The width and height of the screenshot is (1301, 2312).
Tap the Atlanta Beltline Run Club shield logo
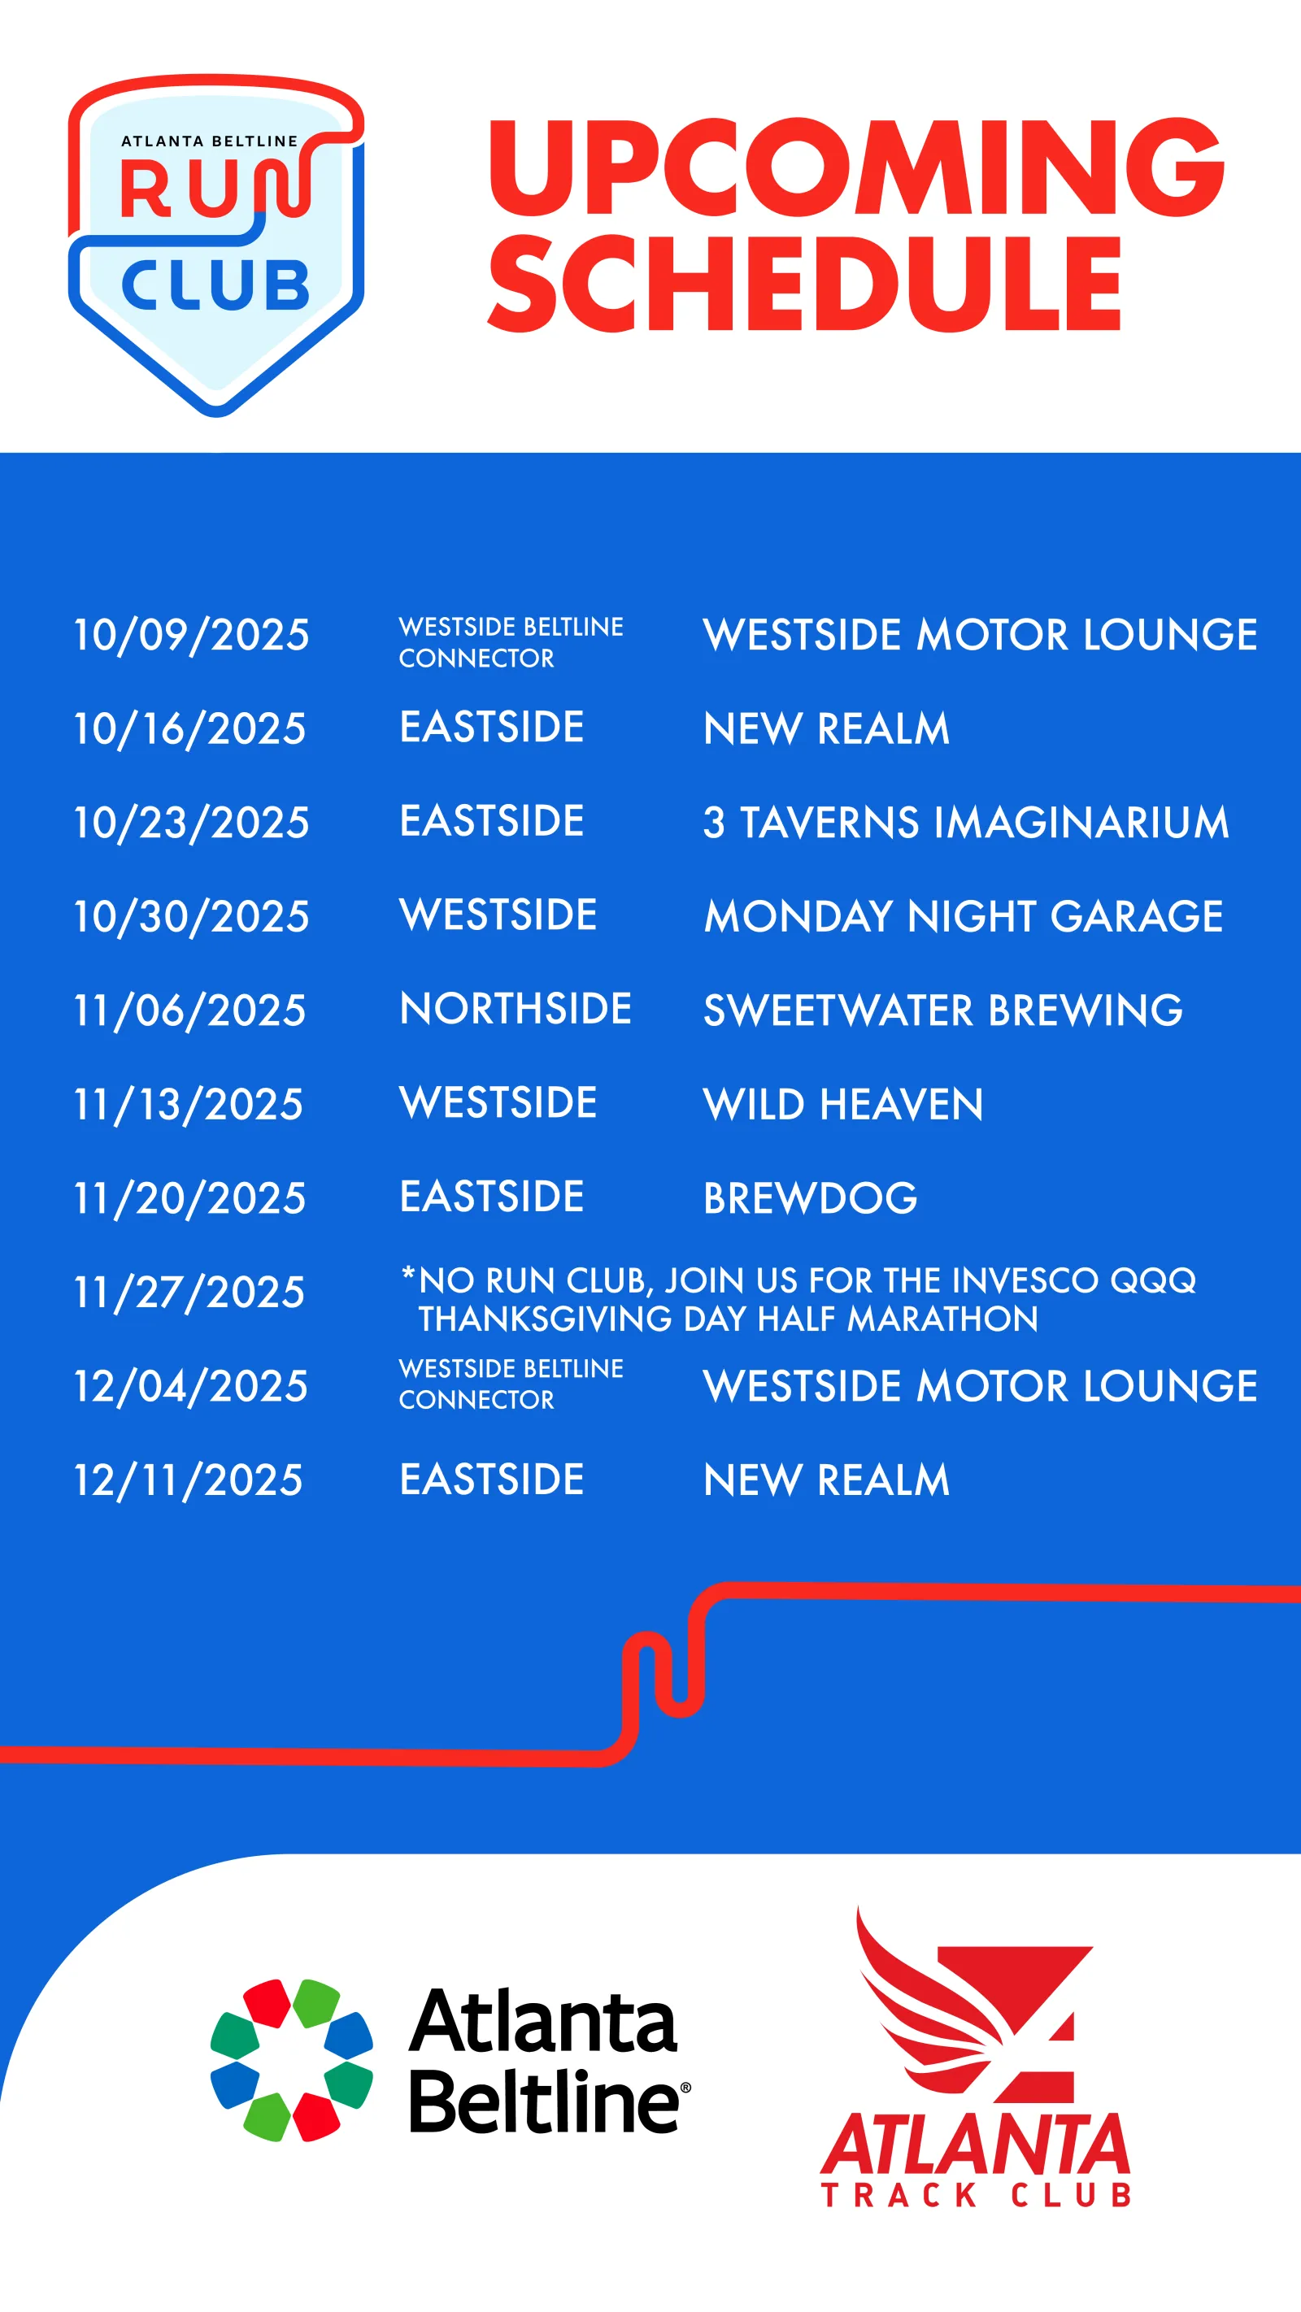[x=216, y=245]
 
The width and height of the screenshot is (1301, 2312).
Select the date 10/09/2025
[x=191, y=635]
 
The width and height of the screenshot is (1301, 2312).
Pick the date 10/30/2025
[x=191, y=916]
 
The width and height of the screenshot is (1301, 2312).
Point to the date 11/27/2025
[x=189, y=1293]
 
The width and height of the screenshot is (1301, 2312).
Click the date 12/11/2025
[x=189, y=1480]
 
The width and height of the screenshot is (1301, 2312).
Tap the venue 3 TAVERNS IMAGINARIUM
[x=966, y=822]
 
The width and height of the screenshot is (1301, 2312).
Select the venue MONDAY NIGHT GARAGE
[x=964, y=916]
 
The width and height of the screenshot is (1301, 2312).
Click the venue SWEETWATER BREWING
[x=942, y=1010]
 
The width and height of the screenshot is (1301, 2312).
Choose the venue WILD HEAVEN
[x=843, y=1104]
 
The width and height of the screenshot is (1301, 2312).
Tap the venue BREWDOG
[x=810, y=1198]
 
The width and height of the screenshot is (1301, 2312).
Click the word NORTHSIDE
[x=516, y=1009]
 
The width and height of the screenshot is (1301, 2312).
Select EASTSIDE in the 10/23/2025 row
[x=492, y=820]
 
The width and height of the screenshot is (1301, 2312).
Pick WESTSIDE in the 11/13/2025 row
[x=498, y=1102]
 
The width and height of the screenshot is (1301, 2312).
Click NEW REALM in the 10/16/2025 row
[x=826, y=728]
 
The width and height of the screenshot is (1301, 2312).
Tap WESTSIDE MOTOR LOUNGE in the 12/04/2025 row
[x=981, y=1386]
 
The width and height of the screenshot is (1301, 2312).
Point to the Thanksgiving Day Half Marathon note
[x=798, y=1299]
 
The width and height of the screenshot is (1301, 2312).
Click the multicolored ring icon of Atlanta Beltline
[x=292, y=2060]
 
